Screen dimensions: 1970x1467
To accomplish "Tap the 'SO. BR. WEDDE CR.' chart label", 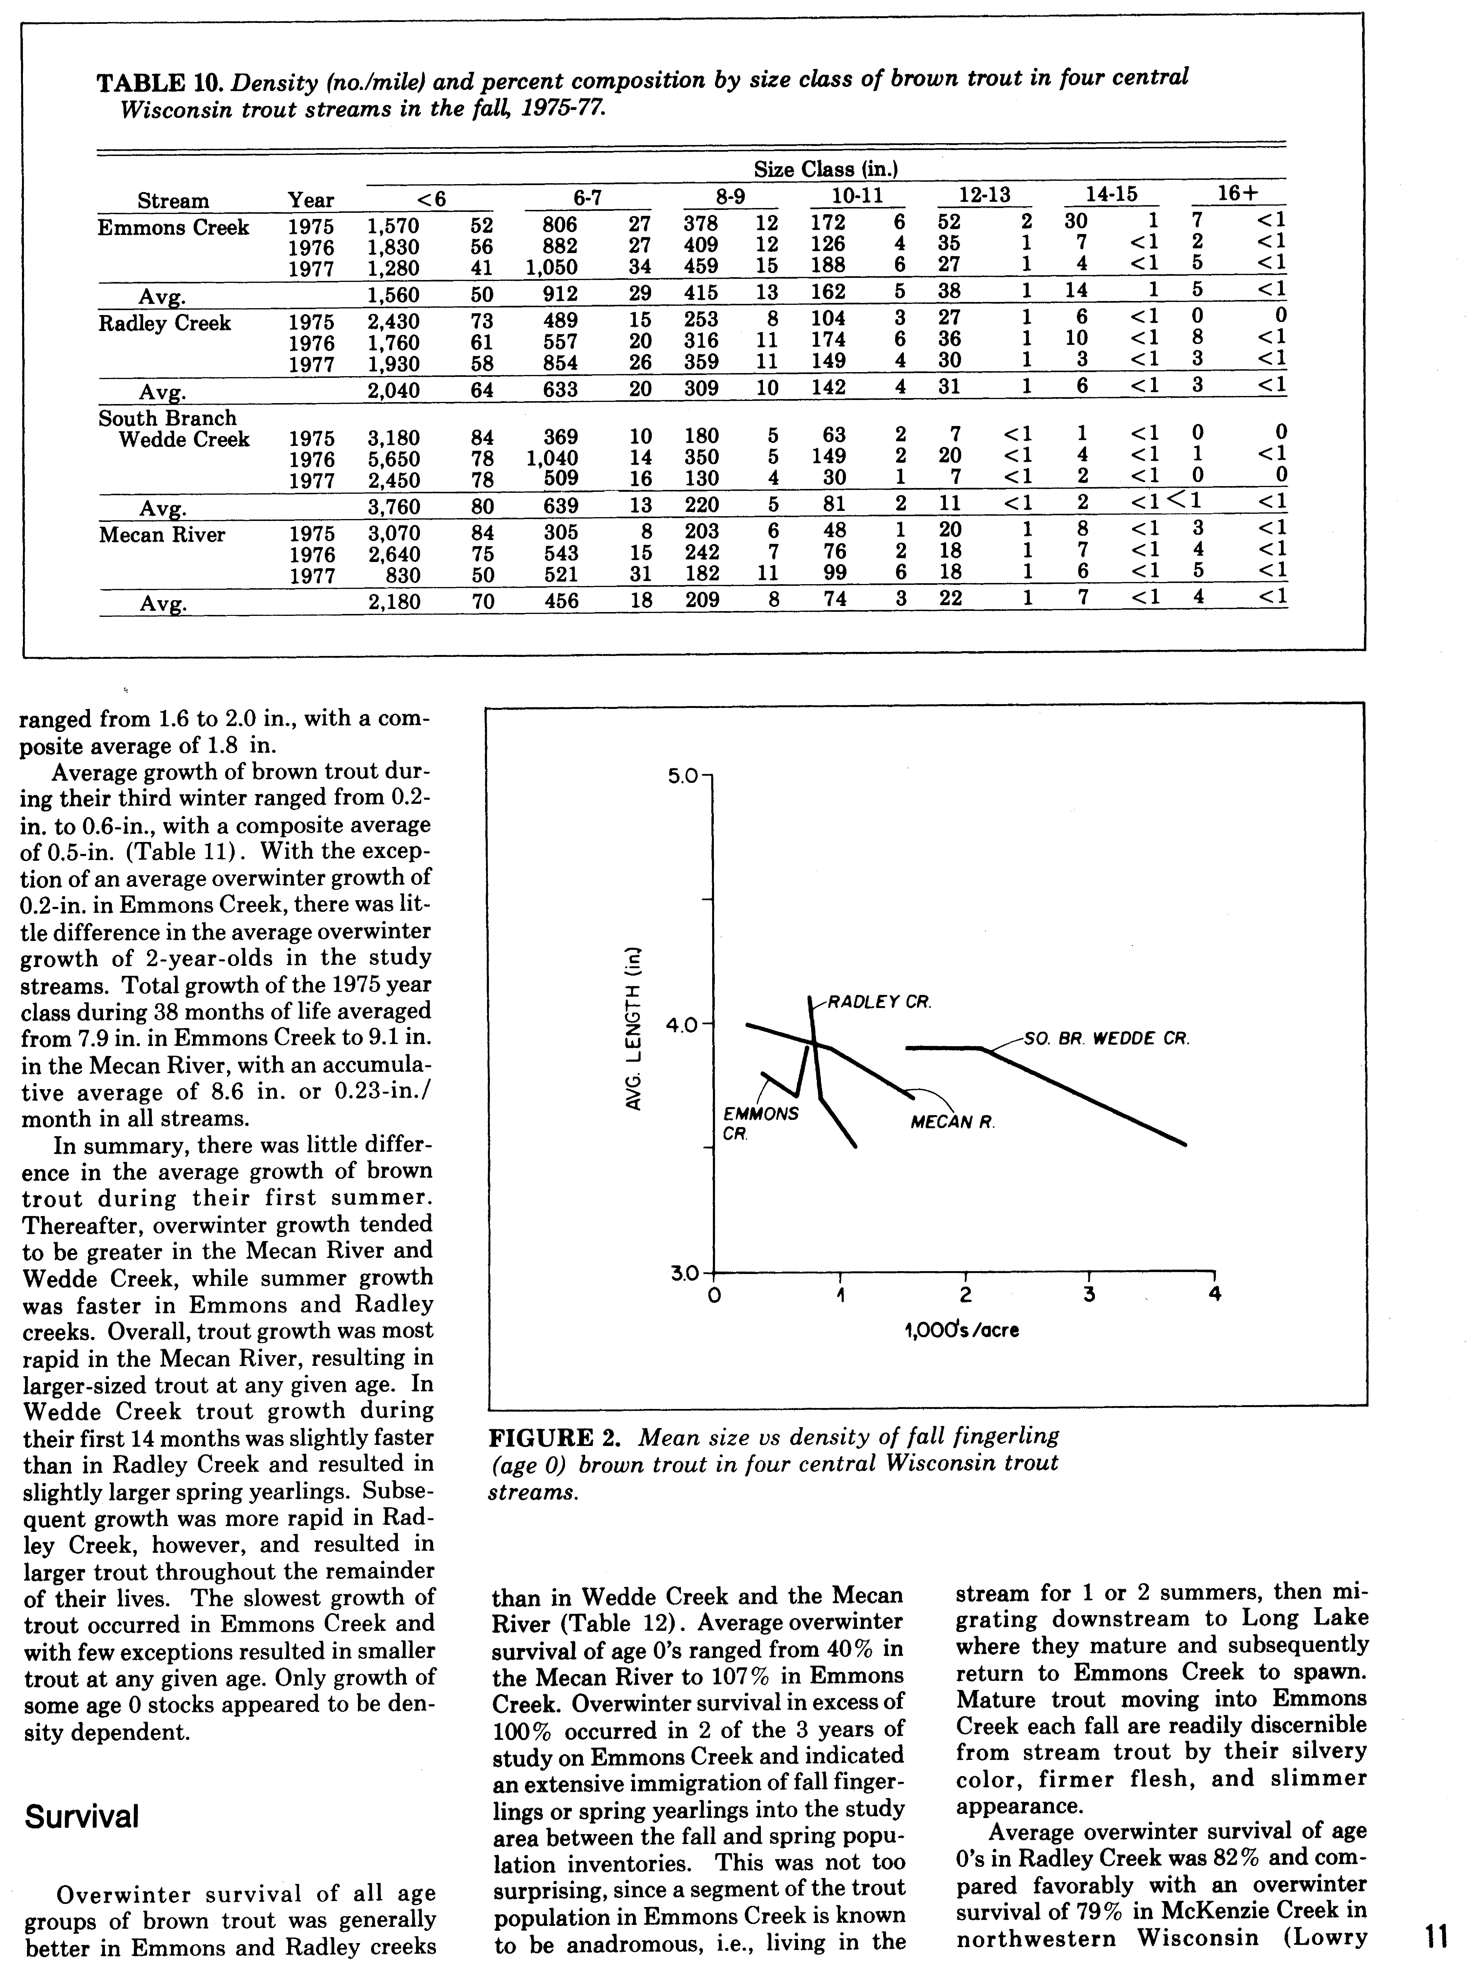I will pyautogui.click(x=1106, y=1037).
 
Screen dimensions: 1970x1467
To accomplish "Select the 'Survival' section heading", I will pyautogui.click(x=82, y=1817).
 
